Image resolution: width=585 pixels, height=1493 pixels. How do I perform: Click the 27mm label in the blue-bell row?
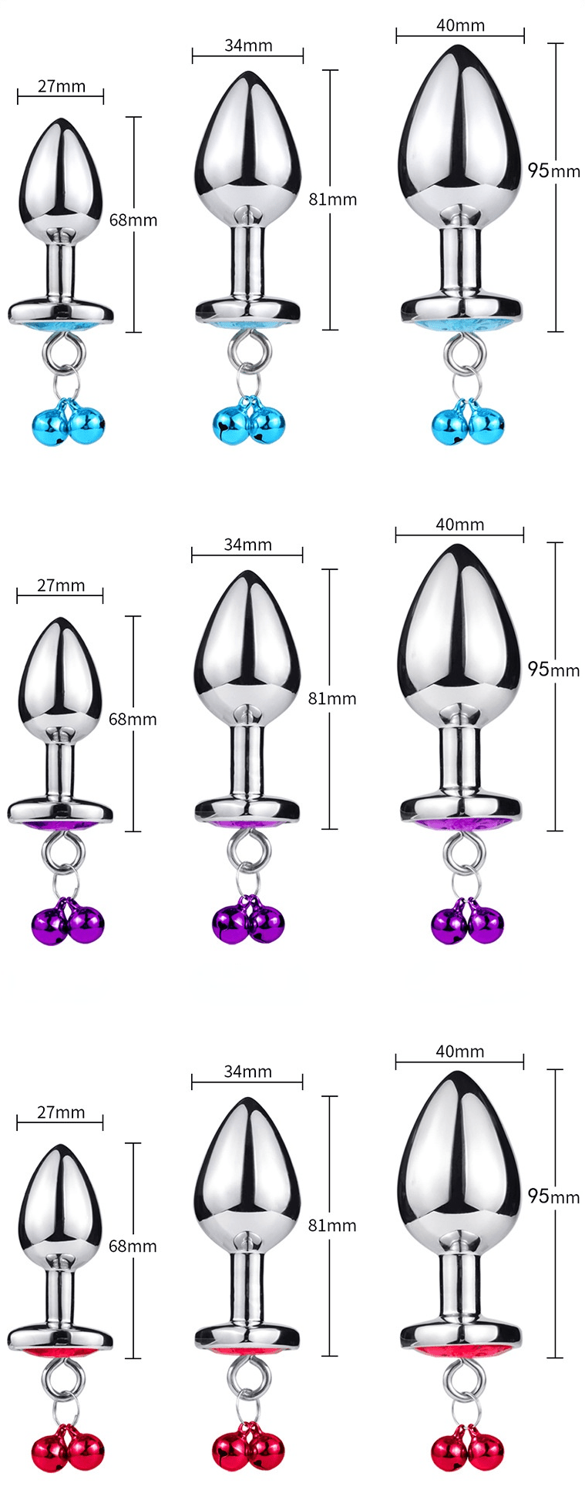(62, 86)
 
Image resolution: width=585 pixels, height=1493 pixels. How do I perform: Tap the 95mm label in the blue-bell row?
(553, 170)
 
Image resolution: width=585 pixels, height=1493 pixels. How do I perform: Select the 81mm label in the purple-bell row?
(332, 699)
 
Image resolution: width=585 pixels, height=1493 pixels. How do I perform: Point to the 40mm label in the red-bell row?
(459, 1052)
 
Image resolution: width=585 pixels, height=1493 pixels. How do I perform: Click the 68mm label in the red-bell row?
(133, 1246)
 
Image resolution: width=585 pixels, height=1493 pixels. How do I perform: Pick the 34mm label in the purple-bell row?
(247, 545)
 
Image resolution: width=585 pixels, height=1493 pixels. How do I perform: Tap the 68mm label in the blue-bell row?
(133, 220)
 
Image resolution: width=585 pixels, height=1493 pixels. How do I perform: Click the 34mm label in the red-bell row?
(247, 1072)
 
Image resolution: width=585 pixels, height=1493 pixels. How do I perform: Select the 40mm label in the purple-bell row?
(459, 525)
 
